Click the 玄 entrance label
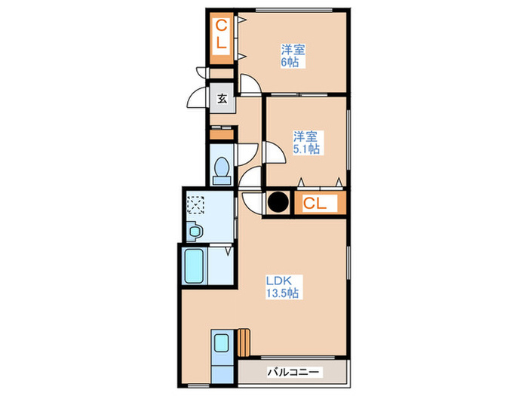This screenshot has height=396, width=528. pyautogui.click(x=223, y=98)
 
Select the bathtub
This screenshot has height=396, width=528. pyautogui.click(x=195, y=265)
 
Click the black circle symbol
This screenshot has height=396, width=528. pyautogui.click(x=278, y=202)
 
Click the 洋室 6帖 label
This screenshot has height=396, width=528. pyautogui.click(x=291, y=56)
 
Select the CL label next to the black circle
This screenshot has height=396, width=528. pyautogui.click(x=315, y=202)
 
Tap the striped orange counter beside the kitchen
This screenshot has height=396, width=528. pyautogui.click(x=243, y=342)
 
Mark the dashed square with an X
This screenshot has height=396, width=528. pyautogui.click(x=196, y=204)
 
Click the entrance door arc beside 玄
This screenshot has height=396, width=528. pyautogui.click(x=198, y=99)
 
